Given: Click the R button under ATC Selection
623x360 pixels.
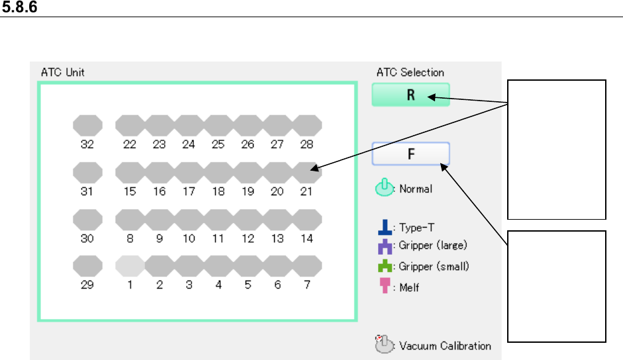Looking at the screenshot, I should (x=410, y=95).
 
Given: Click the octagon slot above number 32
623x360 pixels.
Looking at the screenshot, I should (x=87, y=124).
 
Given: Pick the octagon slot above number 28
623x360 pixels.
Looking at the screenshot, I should (x=307, y=124).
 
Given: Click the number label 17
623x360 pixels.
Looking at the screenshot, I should (x=189, y=192).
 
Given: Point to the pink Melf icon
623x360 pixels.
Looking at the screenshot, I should (x=383, y=288).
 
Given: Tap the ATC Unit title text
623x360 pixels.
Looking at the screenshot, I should (x=61, y=71).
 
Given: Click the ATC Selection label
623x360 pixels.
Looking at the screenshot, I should (x=410, y=72).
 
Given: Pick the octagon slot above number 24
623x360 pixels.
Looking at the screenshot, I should (x=189, y=124).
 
